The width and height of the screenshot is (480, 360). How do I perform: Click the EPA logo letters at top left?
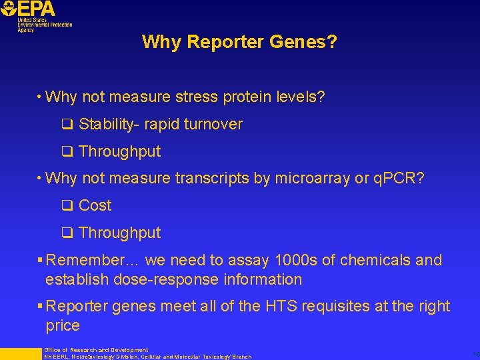(x=37, y=9)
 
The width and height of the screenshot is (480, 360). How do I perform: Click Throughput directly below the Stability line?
(x=120, y=151)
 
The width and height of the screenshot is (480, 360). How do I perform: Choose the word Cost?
(x=95, y=205)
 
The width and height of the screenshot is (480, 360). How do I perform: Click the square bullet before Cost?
(x=67, y=205)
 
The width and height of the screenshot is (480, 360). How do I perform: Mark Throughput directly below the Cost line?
(x=120, y=233)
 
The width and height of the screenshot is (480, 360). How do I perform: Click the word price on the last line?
(x=63, y=326)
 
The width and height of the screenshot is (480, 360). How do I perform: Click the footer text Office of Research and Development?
(x=96, y=350)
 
